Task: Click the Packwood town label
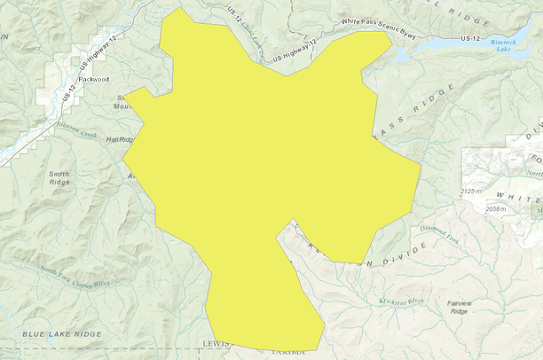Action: coord(93,79)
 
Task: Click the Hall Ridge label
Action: coord(119,140)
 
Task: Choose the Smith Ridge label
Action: coord(60,176)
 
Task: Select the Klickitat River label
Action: coord(402,301)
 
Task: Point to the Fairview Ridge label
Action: coord(459,307)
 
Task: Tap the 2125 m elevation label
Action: coord(476,192)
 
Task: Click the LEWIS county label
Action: coord(216,343)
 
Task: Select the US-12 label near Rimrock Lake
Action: coord(471,38)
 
